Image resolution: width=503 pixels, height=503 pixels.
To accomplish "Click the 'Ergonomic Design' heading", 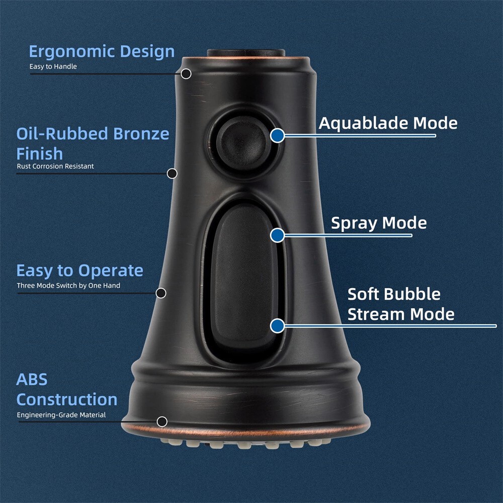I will coord(102,51).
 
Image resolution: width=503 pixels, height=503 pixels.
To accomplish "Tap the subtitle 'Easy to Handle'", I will coord(53,66).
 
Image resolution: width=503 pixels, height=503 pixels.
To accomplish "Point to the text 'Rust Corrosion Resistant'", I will coord(55,166).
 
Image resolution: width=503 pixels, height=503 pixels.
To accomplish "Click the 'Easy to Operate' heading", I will coord(79,271).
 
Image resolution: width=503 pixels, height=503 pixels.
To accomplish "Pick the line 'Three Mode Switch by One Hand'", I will coord(68,286).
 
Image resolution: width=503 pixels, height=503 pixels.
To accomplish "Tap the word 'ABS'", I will coord(32,379).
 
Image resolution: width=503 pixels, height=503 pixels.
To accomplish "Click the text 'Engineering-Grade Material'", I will coord(61,415).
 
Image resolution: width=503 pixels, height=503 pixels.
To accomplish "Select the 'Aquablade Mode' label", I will coord(388,123).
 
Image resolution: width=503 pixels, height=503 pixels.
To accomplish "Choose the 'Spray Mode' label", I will coord(379,223).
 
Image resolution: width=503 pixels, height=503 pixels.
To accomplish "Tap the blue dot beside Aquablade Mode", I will coord(277,135).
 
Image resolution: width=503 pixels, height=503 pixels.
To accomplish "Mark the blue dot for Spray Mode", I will coord(277,235).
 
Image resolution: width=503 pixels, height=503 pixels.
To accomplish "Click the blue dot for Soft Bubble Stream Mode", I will coord(277,325).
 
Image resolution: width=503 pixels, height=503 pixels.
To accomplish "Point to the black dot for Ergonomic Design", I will coord(186,74).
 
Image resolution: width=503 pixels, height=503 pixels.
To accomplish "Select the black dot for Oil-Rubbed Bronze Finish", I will coord(172,174).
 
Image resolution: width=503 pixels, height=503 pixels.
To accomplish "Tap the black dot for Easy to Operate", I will coord(161,293).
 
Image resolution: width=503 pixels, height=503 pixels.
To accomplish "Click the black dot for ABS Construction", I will coord(162,422).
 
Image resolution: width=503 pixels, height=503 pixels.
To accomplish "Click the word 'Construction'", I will coord(67,400).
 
